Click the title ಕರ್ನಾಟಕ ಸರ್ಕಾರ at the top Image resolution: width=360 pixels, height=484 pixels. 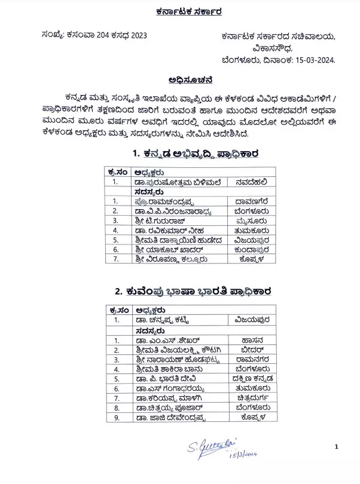click(x=180, y=11)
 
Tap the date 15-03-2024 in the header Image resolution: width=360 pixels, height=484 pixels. click(x=314, y=60)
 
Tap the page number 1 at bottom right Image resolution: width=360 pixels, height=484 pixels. click(x=337, y=446)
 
